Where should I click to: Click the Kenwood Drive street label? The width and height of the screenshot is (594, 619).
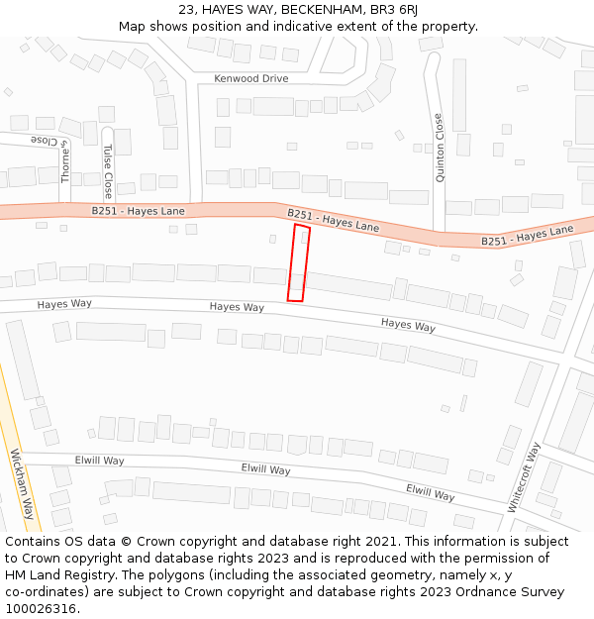click(x=251, y=78)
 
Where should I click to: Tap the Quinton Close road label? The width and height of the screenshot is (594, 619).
click(x=440, y=148)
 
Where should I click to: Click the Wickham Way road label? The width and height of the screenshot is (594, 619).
click(x=23, y=483)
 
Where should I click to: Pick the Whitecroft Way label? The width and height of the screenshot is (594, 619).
click(x=525, y=476)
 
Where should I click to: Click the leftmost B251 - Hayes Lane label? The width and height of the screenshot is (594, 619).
click(x=138, y=211)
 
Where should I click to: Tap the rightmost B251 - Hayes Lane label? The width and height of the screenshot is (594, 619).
click(x=527, y=237)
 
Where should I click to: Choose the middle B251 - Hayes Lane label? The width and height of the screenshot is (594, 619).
click(x=333, y=221)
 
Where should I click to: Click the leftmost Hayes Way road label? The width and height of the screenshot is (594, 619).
click(x=64, y=304)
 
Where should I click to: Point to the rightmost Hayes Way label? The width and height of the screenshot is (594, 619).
click(x=408, y=325)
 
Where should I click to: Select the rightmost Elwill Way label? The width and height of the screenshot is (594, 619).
click(x=430, y=492)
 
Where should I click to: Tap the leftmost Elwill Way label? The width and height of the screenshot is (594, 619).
click(x=99, y=461)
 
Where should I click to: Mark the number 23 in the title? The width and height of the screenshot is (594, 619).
click(x=188, y=10)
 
